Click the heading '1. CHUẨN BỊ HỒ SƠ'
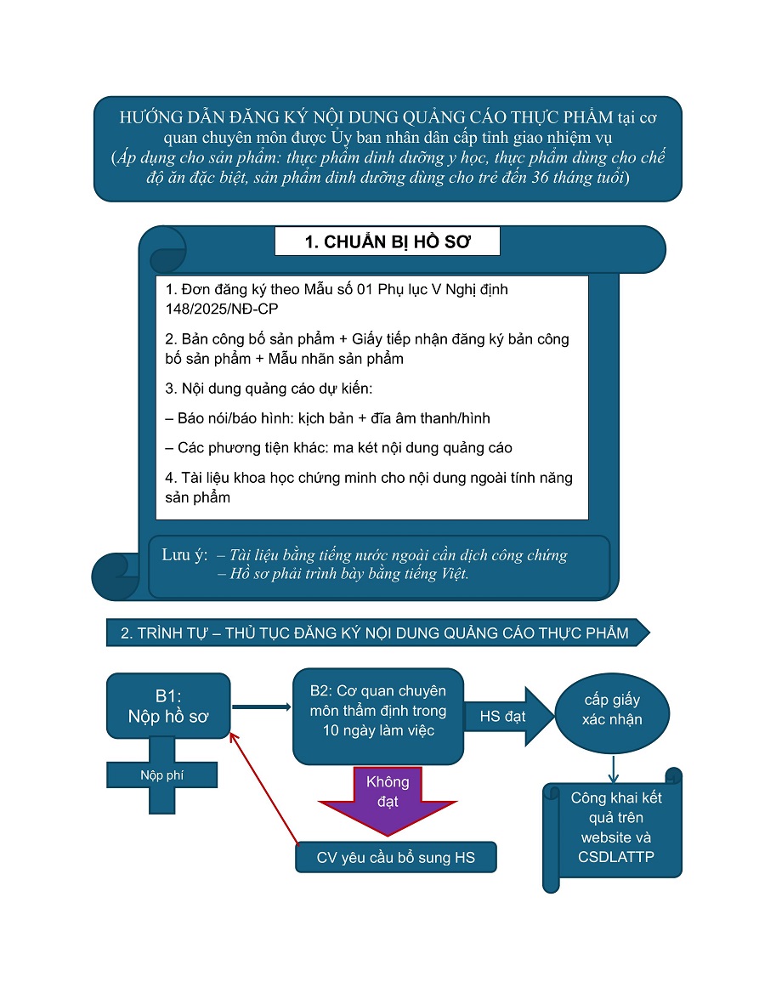[x=387, y=241]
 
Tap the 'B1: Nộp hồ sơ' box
[x=168, y=706]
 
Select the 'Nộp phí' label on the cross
[x=161, y=775]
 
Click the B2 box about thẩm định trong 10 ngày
[x=378, y=716]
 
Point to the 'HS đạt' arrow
[x=508, y=716]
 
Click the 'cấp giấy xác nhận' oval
[x=612, y=712]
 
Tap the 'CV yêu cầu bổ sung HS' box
[x=396, y=857]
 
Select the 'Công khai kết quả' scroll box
[x=613, y=829]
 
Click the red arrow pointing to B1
[x=264, y=788]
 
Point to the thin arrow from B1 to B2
[x=261, y=707]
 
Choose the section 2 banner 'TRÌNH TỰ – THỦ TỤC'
[x=378, y=633]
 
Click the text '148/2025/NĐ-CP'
[x=222, y=309]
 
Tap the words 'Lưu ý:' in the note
[x=184, y=555]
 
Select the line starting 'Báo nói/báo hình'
[x=327, y=417]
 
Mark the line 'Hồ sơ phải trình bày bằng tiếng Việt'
[x=343, y=574]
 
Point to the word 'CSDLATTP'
[x=616, y=857]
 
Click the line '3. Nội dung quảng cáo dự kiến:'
[x=269, y=389]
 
